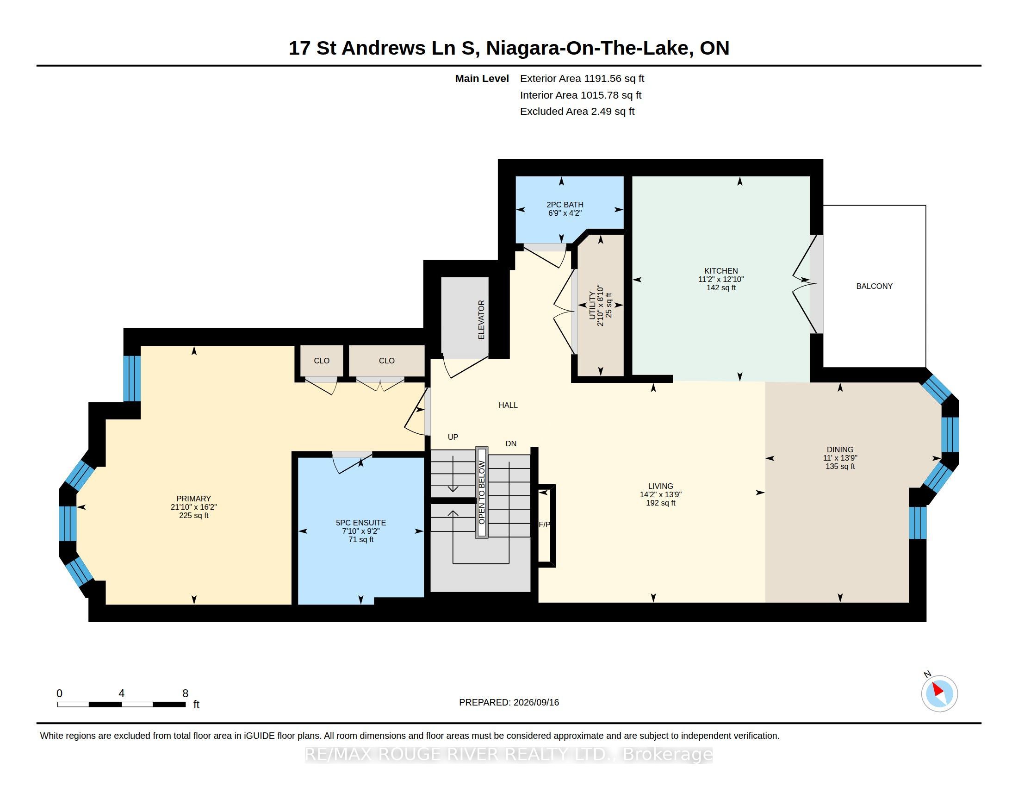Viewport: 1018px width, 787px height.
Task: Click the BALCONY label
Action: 874,286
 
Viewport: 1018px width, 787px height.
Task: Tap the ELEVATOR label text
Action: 482,320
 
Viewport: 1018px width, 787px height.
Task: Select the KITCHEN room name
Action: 720,271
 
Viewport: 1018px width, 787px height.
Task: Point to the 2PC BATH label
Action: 565,205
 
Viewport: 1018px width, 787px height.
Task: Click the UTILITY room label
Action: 592,306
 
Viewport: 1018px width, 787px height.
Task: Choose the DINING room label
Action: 840,450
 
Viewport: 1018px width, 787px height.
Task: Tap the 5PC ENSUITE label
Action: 361,523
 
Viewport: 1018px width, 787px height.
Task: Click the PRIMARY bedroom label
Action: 193,499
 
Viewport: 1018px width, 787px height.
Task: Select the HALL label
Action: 508,405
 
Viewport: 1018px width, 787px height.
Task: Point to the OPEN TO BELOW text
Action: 482,493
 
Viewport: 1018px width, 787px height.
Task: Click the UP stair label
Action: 453,437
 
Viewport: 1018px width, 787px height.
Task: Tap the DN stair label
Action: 511,443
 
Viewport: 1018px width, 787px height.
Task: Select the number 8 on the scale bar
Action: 185,693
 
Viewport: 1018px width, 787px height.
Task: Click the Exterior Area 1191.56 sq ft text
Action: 582,79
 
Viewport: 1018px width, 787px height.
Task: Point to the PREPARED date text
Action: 509,702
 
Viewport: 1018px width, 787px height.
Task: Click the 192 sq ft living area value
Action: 660,503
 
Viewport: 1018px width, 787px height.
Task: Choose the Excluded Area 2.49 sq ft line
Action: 577,112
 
